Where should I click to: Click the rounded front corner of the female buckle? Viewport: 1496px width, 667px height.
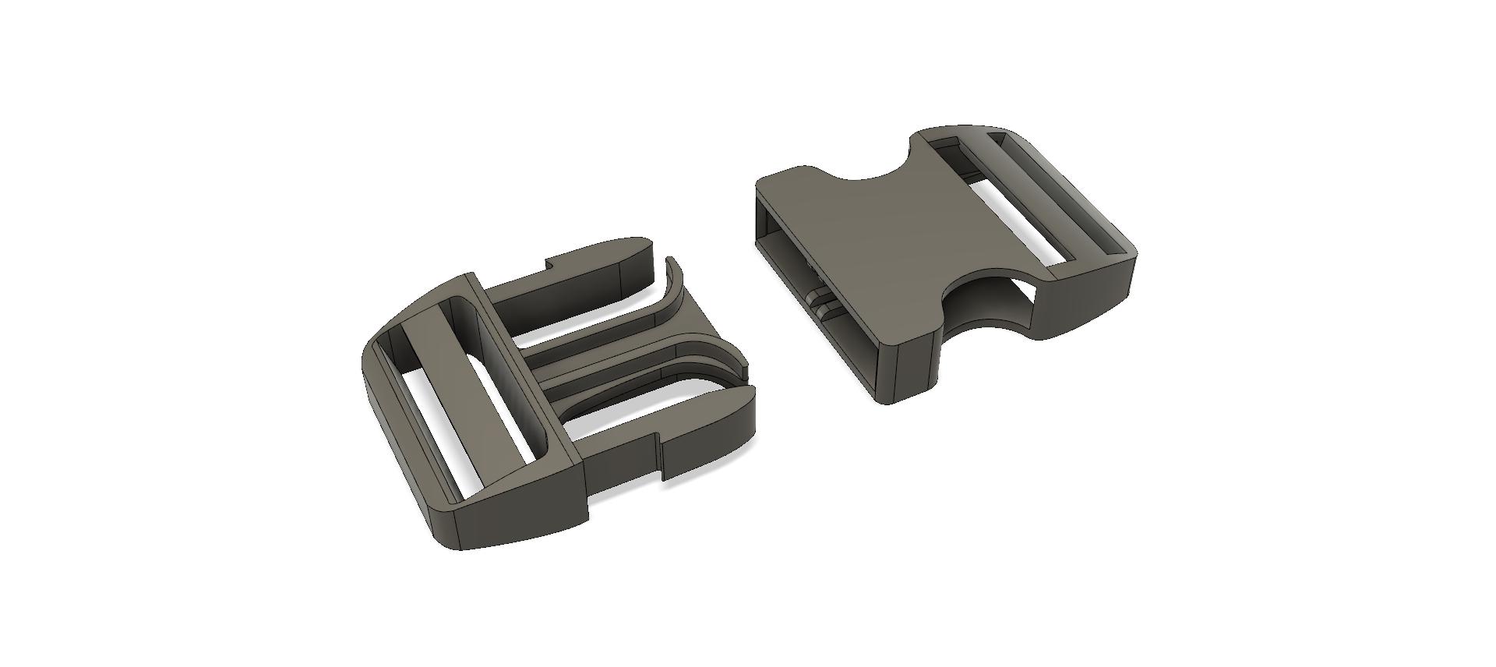click(x=904, y=343)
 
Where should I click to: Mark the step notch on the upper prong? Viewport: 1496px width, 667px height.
click(x=549, y=269)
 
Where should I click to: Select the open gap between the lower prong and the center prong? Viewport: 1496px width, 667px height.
click(x=623, y=405)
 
